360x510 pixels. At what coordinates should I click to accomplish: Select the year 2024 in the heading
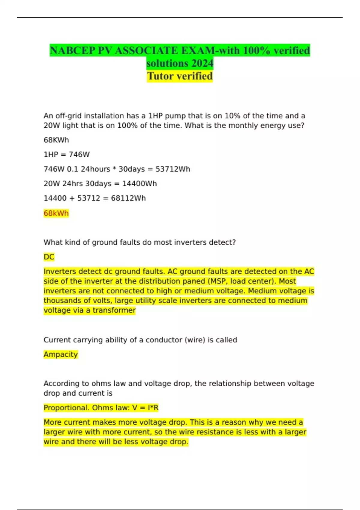[x=202, y=63]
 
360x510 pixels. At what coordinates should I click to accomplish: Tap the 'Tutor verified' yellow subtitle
[x=180, y=76]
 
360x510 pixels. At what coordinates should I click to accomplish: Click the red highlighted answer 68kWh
[x=56, y=213]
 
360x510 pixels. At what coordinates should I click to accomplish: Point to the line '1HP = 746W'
[x=67, y=154]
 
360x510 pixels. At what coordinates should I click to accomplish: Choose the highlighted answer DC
[x=49, y=257]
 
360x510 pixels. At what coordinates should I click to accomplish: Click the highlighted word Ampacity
[x=61, y=355]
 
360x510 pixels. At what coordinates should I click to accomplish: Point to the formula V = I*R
[x=145, y=408]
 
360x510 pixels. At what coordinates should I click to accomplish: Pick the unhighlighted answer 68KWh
[x=56, y=140]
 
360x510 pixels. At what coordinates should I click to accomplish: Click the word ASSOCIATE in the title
[x=143, y=50]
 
